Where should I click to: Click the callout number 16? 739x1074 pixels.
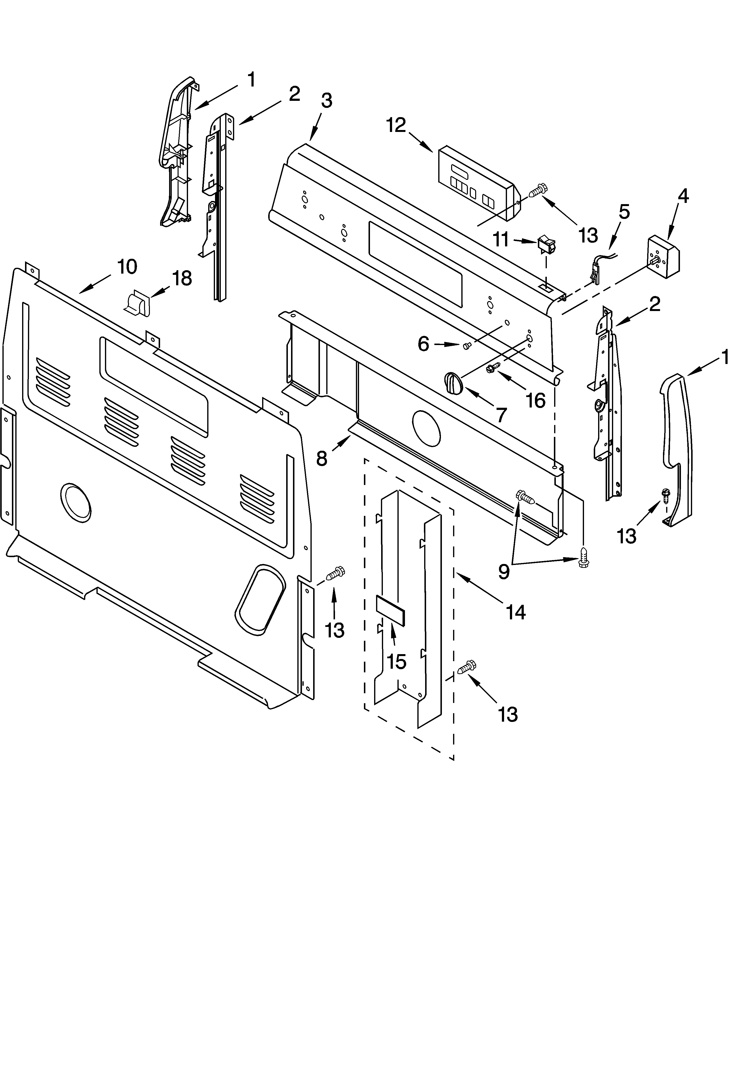[536, 400]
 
